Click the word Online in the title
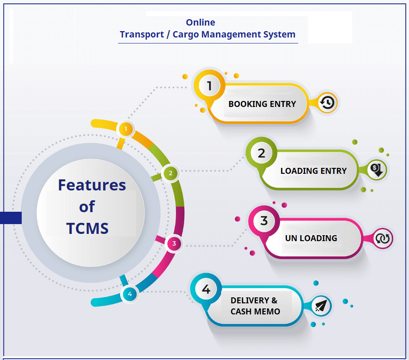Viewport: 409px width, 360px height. tap(200, 23)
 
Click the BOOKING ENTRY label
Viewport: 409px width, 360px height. tap(262, 104)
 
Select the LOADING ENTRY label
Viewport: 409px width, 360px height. tap(313, 171)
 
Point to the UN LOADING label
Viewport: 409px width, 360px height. tap(311, 238)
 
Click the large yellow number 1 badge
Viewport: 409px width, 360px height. tap(209, 86)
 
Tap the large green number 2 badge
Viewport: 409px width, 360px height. tap(261, 153)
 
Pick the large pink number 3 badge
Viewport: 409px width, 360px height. tap(264, 221)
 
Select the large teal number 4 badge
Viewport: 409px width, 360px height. tap(206, 289)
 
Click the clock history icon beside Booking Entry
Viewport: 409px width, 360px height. tap(327, 103)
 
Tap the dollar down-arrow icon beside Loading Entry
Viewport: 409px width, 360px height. tap(377, 170)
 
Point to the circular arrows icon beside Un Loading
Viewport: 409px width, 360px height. tap(383, 239)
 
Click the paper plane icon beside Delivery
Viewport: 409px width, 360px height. tap(321, 306)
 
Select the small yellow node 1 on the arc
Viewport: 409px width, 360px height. tap(126, 129)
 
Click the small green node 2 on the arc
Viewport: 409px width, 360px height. tap(170, 173)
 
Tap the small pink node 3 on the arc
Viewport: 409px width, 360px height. tap(174, 244)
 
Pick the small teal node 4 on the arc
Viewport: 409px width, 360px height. tap(130, 294)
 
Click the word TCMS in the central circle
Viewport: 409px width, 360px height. tap(87, 228)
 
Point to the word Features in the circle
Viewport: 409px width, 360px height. tap(92, 185)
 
